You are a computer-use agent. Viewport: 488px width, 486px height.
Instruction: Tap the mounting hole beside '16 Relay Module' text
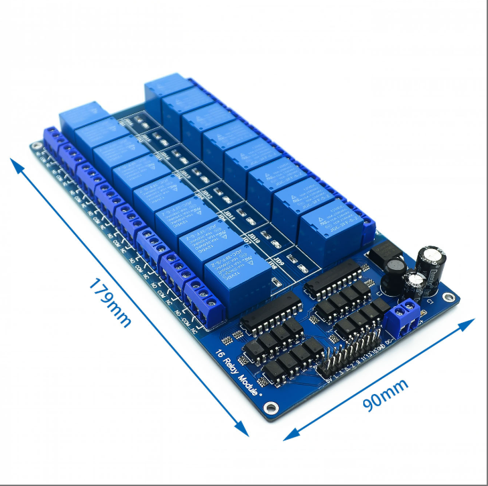click(271, 407)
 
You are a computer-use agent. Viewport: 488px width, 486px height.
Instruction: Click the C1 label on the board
click(431, 303)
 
